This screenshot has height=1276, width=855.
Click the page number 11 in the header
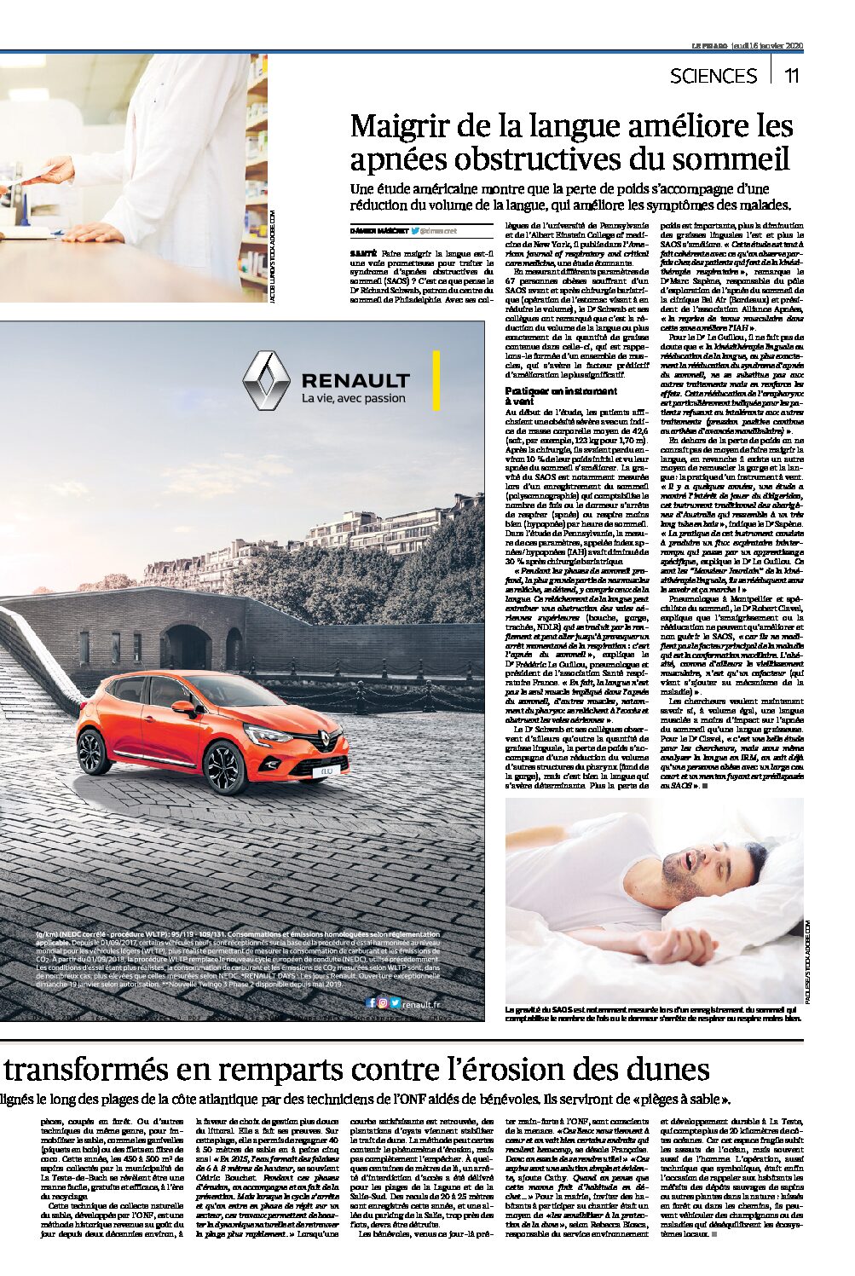pos(792,75)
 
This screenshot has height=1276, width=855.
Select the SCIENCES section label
pos(713,76)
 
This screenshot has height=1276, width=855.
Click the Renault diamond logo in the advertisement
pos(267,380)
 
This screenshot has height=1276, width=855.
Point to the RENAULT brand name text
pos(355,379)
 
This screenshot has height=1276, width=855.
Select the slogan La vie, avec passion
pos(354,398)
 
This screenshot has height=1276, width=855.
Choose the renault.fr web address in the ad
pos(421,1003)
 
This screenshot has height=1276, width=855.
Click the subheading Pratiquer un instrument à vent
pos(561,395)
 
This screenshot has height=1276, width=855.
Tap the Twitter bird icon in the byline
pos(413,231)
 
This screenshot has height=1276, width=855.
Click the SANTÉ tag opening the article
pos(364,254)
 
